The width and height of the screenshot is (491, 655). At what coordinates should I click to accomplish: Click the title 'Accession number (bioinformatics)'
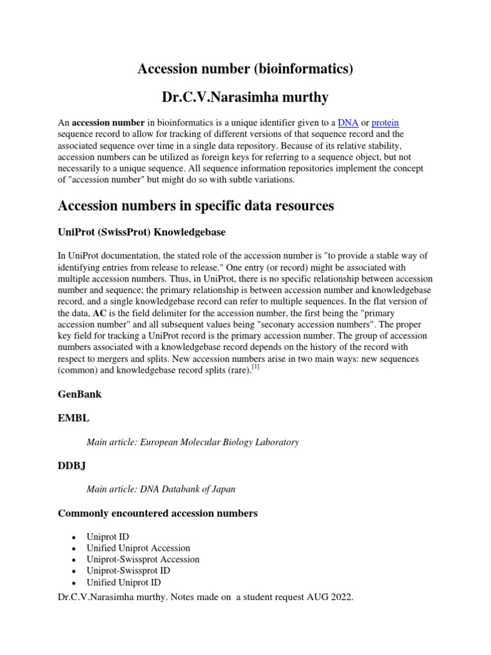pos(245,68)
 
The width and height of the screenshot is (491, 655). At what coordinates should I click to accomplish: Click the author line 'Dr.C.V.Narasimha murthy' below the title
pos(245,97)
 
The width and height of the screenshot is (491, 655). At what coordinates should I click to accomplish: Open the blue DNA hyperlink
pos(347,122)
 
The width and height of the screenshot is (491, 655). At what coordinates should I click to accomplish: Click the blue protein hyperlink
pos(386,122)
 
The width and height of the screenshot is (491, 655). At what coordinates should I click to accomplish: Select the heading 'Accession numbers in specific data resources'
pos(196,205)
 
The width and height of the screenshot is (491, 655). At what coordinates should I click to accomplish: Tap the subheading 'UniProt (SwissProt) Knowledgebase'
pos(141,231)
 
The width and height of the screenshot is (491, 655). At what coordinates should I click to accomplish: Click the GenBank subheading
pos(79,395)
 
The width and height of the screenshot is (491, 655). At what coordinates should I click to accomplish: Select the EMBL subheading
pos(74,418)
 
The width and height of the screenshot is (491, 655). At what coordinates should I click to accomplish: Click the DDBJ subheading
pos(72,466)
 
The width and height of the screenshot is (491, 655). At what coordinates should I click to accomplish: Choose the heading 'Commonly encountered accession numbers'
pos(158,513)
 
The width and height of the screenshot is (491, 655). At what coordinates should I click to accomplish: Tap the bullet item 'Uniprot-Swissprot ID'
pos(131,571)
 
